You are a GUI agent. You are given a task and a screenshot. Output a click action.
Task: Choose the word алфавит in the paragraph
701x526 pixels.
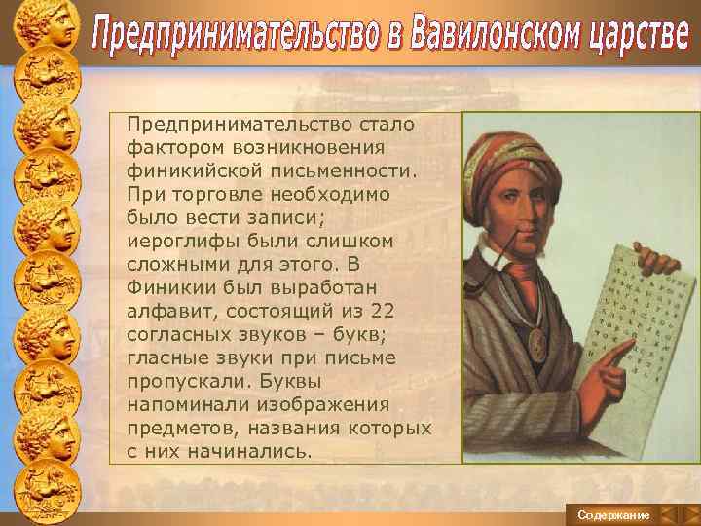coord(166,310)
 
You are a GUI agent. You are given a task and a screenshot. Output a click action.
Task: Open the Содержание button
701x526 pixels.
coord(612,514)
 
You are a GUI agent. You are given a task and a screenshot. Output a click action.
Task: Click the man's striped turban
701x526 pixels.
coord(532,147)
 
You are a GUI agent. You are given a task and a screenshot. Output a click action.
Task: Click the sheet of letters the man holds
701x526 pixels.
coord(643,312)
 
